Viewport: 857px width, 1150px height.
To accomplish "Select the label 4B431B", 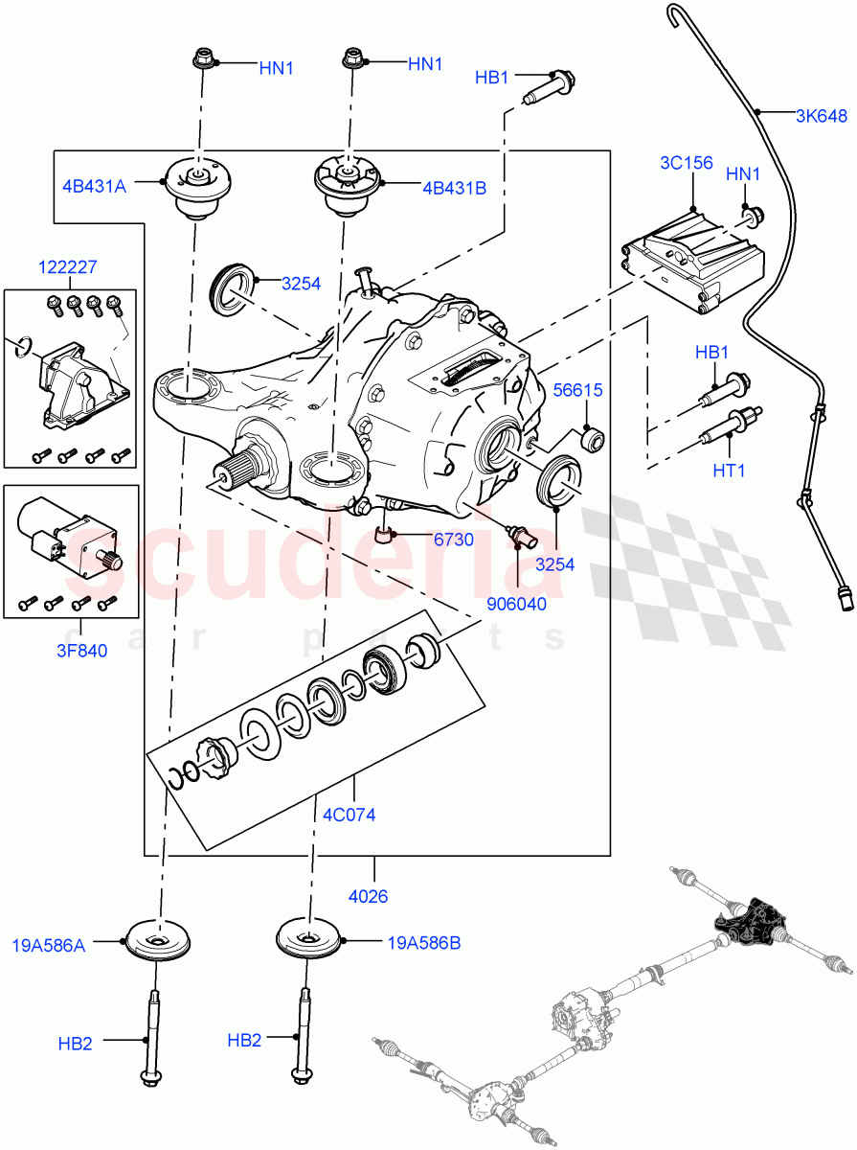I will [453, 188].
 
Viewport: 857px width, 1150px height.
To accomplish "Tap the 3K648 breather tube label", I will [821, 117].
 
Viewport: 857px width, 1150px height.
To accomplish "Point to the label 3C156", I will [686, 163].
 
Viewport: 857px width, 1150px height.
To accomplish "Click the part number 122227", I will [68, 267].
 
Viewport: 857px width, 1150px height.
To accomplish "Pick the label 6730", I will [453, 540].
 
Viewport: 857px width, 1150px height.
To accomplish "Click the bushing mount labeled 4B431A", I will [199, 190].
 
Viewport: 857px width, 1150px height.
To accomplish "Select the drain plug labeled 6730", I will [386, 533].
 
